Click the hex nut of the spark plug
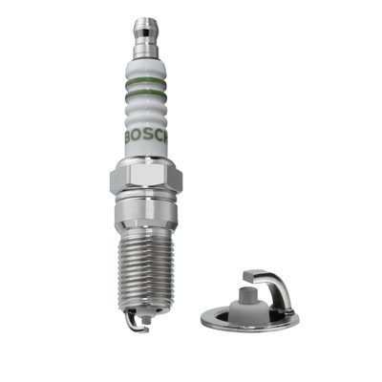[x=145, y=179]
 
